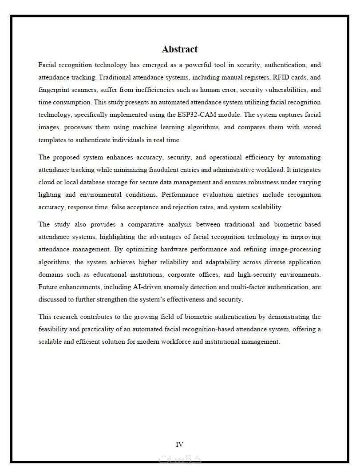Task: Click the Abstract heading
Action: click(x=179, y=49)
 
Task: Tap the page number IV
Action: click(x=179, y=444)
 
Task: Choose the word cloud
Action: click(x=47, y=182)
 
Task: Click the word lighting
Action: click(x=50, y=195)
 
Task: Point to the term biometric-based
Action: click(x=298, y=224)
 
